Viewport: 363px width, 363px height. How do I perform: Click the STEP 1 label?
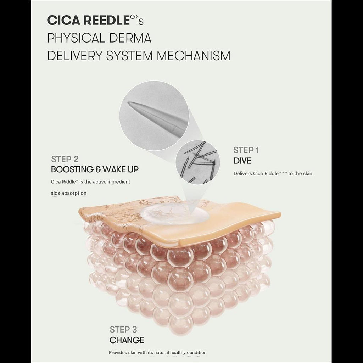[246, 150]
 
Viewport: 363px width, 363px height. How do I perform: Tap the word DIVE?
[242, 161]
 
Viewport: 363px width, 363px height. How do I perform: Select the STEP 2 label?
[65, 159]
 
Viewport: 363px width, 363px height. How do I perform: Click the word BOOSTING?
[72, 169]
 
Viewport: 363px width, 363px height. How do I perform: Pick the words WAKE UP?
[121, 169]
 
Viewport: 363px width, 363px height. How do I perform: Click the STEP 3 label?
[123, 329]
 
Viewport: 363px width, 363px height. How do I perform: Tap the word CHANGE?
[127, 340]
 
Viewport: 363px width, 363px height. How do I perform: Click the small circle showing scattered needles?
[197, 162]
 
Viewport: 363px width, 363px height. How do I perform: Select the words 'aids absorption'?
[68, 193]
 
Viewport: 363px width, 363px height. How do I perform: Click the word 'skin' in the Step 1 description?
[307, 173]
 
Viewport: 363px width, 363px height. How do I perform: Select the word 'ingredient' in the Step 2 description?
[118, 182]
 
